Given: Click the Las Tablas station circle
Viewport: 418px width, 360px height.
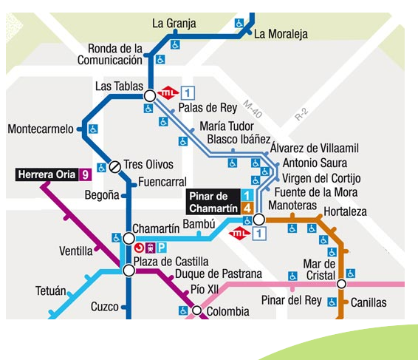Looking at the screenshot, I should pos(150,95).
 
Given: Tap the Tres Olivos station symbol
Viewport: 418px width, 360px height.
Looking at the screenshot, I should pos(114,166).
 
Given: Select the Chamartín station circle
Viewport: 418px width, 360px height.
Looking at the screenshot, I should pos(129,238).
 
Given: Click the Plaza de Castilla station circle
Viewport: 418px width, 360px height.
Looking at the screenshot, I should pos(129,271).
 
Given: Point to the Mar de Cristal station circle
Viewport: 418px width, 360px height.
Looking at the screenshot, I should pos(341,284).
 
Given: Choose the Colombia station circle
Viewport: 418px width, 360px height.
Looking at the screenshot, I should pos(196,310).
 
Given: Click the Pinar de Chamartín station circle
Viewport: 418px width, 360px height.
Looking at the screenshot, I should pos(259,220).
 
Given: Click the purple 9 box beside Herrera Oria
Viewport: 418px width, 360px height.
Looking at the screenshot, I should pos(86,175).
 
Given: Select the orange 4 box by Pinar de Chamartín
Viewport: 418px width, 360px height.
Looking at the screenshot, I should pos(248,208).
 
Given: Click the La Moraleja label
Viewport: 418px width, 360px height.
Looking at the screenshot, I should pos(281,34).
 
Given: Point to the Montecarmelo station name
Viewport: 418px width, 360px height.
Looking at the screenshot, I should pos(41,129).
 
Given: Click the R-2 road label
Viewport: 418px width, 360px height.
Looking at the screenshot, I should pos(301,115).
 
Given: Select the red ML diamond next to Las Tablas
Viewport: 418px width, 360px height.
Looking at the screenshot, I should pos(170,93).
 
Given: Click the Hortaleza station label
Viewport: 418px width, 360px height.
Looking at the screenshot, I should pos(346,211).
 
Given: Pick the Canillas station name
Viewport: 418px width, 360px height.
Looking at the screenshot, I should pos(369,302).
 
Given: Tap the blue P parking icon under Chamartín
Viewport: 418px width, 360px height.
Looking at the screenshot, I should pos(160,249).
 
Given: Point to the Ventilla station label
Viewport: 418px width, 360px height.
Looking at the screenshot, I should pos(75,251).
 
